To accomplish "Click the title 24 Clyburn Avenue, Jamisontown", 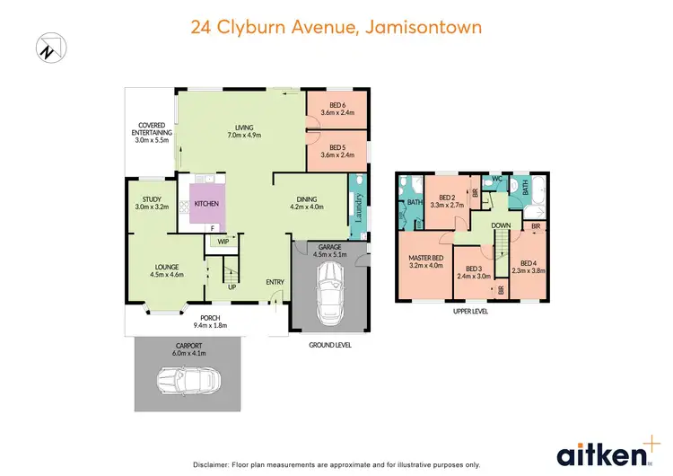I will click(336, 27).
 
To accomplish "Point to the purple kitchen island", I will click(207, 204).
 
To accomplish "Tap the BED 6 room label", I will click(337, 110).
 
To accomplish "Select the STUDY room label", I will click(151, 204).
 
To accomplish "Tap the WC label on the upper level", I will click(495, 179).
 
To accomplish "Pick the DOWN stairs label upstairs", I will click(502, 225).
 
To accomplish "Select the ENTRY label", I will click(275, 283).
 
